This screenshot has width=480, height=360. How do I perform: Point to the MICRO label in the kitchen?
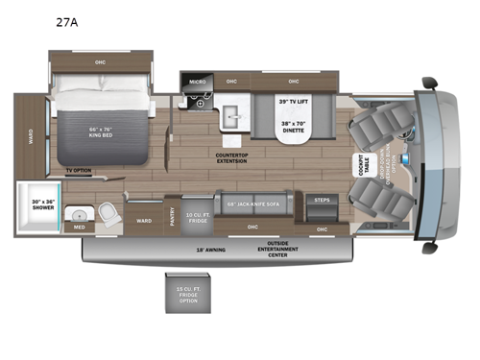pyautogui.click(x=197, y=83)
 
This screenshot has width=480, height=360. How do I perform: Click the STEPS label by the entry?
pyautogui.click(x=323, y=200)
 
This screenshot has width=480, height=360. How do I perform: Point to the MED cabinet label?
pyautogui.click(x=79, y=227)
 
